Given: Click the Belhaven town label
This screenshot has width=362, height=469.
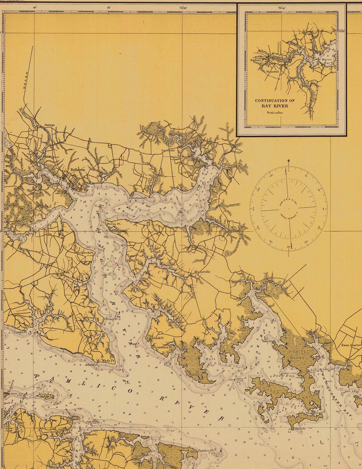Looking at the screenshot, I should tap(77, 170).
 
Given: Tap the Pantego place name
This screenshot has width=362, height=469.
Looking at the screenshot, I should tap(50, 125).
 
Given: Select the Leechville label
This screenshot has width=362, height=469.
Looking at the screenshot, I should tap(168, 151).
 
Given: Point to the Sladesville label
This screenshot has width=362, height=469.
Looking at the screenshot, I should tap(202, 272).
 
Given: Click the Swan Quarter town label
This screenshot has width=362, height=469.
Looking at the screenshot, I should tap(351, 345).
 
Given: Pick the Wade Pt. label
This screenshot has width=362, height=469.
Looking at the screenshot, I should tap(108, 361).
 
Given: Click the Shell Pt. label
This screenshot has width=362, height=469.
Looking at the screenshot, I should tap(300, 429).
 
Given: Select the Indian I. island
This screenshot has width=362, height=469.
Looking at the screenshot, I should tap(45, 396).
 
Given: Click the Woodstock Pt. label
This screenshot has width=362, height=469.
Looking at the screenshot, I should tap(84, 253).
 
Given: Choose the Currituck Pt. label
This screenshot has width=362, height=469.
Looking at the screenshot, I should tap(156, 338).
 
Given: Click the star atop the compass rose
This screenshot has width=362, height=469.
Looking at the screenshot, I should tap(288, 161).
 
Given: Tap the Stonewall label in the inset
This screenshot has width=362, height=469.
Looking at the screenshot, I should tap(272, 72).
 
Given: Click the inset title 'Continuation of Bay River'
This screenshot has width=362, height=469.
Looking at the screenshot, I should tap(275, 103).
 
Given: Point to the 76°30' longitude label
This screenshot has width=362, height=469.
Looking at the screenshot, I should tap(183, 7).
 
